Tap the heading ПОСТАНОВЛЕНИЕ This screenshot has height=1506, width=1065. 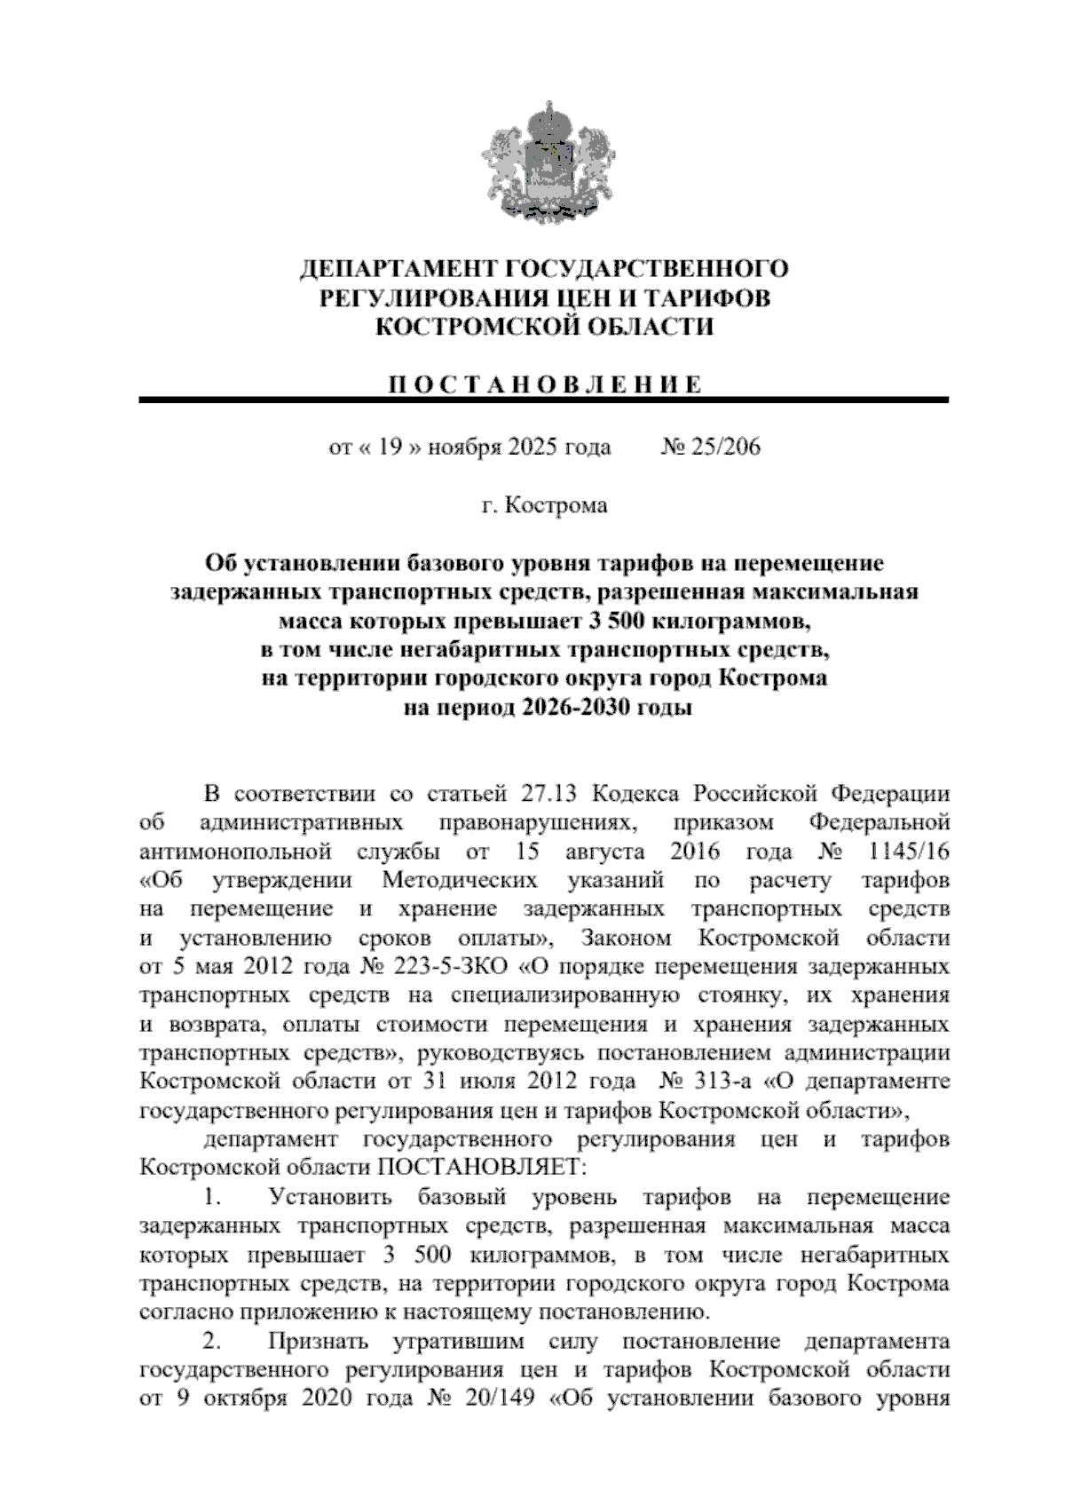tap(544, 384)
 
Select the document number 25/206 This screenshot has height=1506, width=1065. tap(722, 447)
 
